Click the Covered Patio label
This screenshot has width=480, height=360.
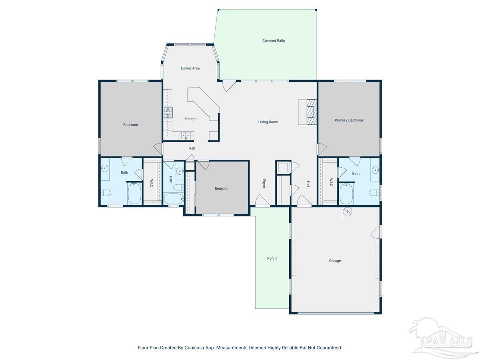274,41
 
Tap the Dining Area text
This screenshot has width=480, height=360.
190,68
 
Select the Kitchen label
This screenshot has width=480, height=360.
191,119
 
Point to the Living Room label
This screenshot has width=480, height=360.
268,122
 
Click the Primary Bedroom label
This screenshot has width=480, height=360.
349,120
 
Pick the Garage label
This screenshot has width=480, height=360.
335,261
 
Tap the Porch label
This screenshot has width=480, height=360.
272,258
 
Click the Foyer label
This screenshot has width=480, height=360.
264,184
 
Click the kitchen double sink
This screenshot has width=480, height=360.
186,135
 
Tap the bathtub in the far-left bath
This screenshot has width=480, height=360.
134,194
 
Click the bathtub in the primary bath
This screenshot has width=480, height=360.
346,194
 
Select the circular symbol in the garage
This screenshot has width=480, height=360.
347,212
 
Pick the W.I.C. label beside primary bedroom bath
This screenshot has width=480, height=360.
332,182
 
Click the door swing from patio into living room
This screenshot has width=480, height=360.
228,85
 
